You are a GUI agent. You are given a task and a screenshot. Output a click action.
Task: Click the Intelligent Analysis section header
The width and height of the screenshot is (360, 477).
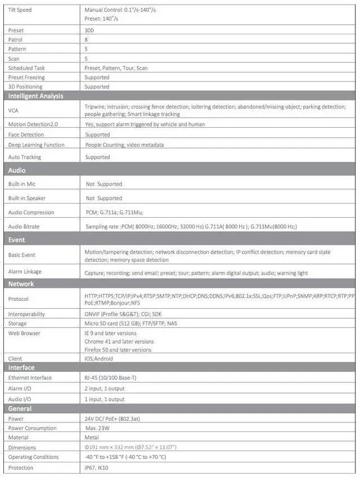[x=35, y=96]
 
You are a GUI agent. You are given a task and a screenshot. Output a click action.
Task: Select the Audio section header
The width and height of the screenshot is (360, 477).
[x=17, y=170]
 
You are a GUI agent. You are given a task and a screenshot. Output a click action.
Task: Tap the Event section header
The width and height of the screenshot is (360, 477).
[x=17, y=240]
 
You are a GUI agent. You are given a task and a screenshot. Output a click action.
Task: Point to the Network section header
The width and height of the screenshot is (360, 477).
[x=21, y=284]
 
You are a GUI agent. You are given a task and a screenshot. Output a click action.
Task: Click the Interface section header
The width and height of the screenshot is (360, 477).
[x=21, y=367]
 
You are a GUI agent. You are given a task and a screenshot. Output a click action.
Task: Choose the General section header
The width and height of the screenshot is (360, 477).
[x=20, y=408]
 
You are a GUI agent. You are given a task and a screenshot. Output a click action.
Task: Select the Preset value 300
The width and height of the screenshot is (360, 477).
[x=89, y=30]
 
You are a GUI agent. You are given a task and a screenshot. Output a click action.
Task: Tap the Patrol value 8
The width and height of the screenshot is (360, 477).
[x=86, y=40]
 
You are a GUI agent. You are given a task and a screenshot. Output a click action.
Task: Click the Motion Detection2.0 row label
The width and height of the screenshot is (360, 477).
[x=34, y=124]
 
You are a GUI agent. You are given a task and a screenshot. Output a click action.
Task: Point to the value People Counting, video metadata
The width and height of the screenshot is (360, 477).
[x=124, y=145]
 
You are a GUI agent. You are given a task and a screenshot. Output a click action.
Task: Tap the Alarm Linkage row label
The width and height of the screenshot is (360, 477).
[x=25, y=272]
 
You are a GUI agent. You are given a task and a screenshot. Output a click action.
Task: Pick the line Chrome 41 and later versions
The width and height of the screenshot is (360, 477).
[x=119, y=341]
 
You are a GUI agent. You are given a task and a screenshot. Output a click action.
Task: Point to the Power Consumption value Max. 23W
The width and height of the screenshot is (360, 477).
[x=101, y=429]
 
